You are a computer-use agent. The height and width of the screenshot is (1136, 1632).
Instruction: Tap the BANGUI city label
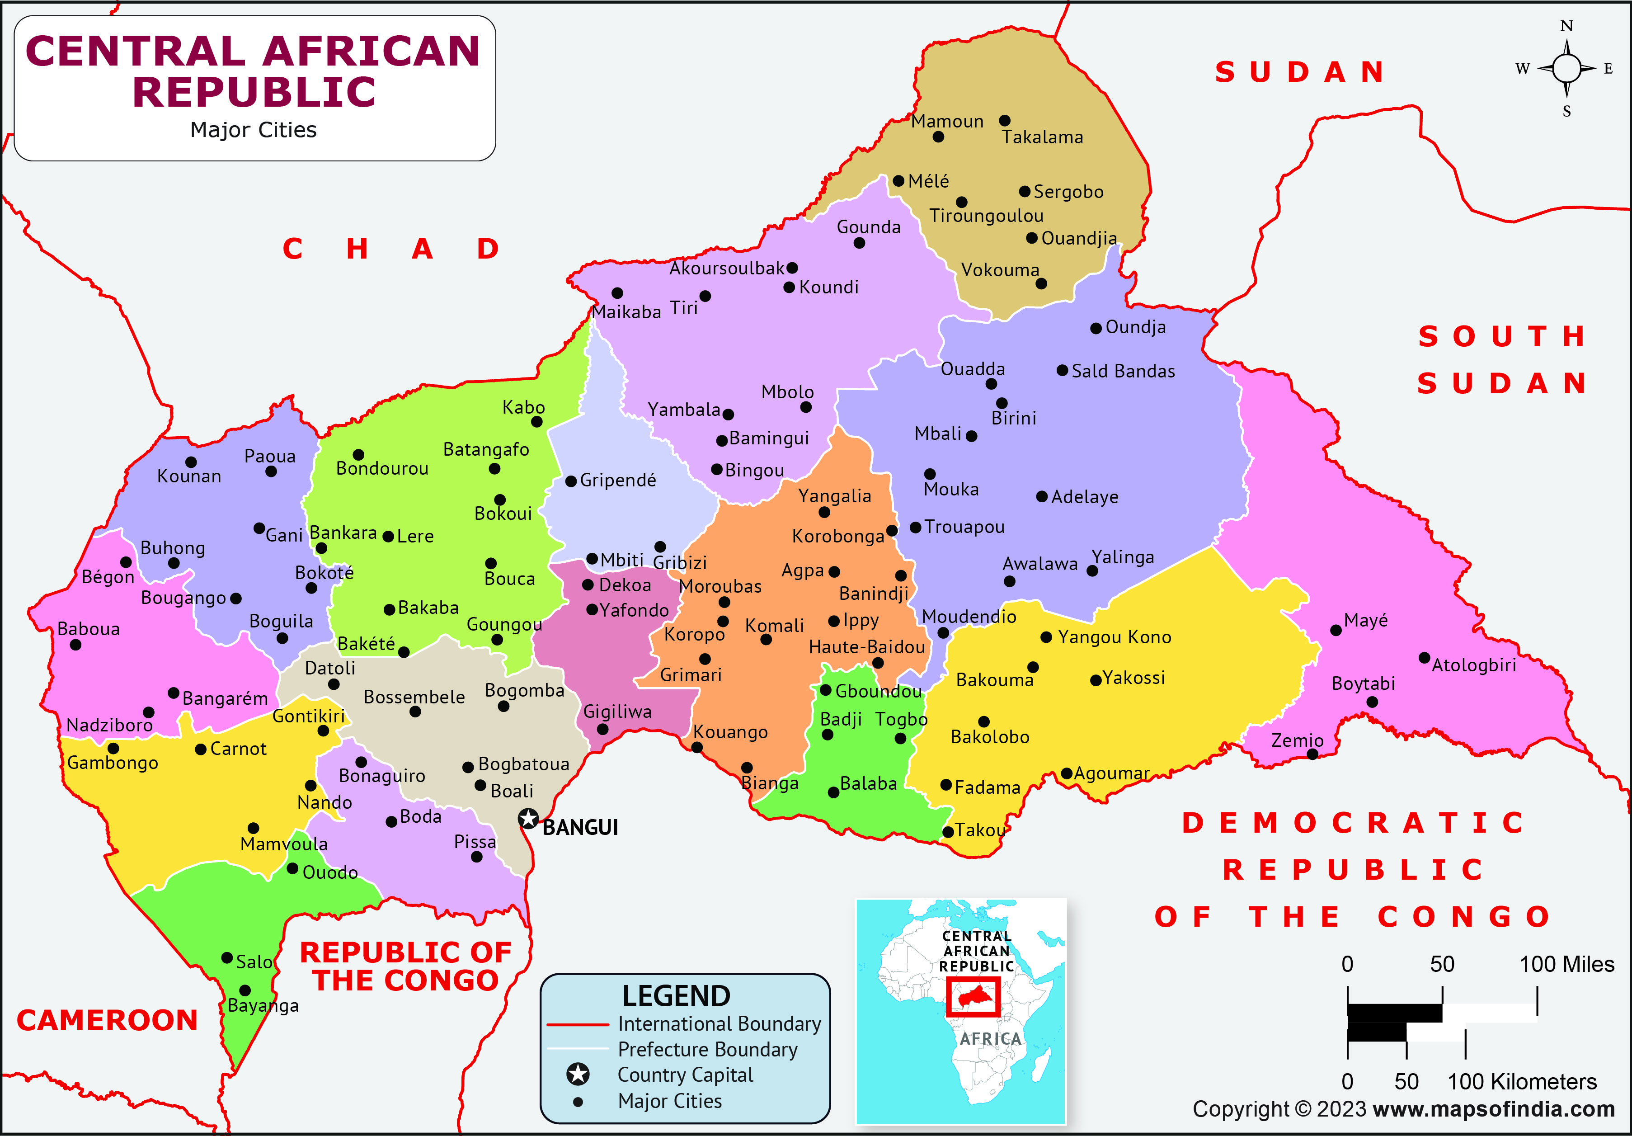pyautogui.click(x=580, y=827)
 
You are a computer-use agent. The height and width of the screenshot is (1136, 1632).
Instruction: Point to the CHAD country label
pyautogui.click(x=391, y=249)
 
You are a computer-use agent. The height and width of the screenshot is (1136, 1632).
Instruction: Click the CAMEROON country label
pyautogui.click(x=107, y=1020)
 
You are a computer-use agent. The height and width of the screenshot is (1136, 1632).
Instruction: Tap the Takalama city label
pyautogui.click(x=1042, y=137)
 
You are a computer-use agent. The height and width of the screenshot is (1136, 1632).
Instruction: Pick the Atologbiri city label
pyautogui.click(x=1473, y=665)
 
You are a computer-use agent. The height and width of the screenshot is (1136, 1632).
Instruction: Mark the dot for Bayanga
pyautogui.click(x=245, y=990)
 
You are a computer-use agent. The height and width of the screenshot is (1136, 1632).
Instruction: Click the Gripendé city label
pyautogui.click(x=618, y=481)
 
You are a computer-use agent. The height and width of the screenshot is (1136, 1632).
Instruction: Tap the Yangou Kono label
pyautogui.click(x=1114, y=637)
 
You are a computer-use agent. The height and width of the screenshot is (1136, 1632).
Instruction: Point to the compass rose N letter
pyautogui.click(x=1566, y=26)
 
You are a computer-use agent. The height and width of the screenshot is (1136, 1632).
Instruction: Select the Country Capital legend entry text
pyautogui.click(x=685, y=1075)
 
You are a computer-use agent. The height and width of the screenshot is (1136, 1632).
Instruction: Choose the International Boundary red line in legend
pyautogui.click(x=577, y=1024)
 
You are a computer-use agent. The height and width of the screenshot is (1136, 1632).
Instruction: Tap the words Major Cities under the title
pyautogui.click(x=253, y=130)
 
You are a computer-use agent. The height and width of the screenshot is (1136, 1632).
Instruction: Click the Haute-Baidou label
pyautogui.click(x=866, y=647)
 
